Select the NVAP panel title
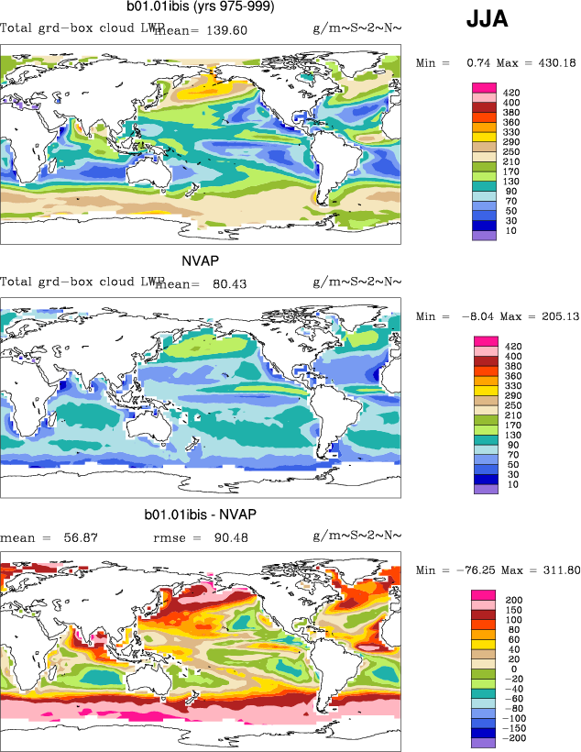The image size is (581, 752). [x=201, y=261]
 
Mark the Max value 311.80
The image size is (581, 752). [x=554, y=570]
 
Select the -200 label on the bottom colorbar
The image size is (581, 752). [x=515, y=737]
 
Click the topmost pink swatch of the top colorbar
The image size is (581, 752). [x=484, y=88]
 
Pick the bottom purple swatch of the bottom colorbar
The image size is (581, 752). [x=484, y=742]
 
